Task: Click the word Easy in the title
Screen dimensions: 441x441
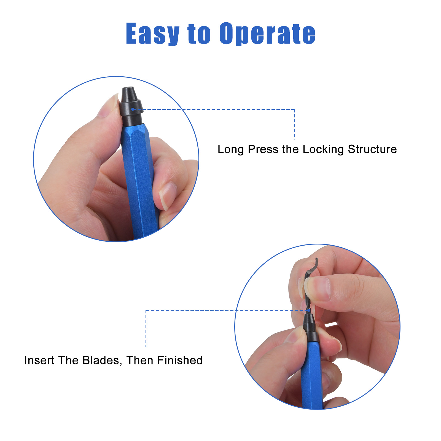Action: [153, 34]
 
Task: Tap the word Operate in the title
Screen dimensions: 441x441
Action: [267, 34]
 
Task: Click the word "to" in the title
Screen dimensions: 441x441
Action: [199, 34]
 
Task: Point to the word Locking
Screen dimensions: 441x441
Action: [323, 149]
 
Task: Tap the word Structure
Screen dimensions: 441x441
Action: [372, 149]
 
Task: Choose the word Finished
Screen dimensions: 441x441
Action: [180, 360]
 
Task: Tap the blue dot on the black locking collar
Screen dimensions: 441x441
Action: [133, 109]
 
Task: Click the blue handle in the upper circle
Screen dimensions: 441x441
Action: [139, 179]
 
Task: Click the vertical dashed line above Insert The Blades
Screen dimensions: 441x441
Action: [146, 328]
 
